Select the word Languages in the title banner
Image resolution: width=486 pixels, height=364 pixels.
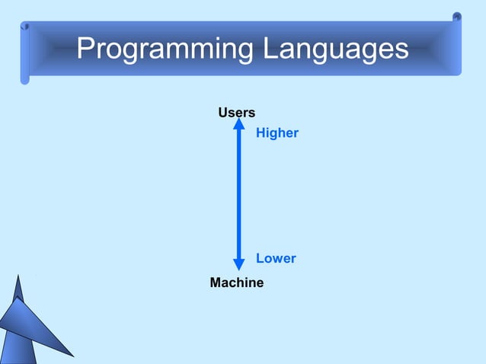pyautogui.click(x=336, y=49)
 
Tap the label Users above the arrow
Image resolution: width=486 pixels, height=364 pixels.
pyautogui.click(x=237, y=113)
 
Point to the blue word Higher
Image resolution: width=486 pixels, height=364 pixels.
pyautogui.click(x=277, y=133)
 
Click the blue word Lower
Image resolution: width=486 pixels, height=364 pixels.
pyautogui.click(x=276, y=259)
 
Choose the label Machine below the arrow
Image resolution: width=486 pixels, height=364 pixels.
pyautogui.click(x=237, y=283)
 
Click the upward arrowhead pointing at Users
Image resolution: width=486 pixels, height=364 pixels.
pyautogui.click(x=239, y=123)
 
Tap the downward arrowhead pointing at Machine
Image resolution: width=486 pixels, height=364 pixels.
pyautogui.click(x=239, y=264)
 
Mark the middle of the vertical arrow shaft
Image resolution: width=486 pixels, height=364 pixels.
pyautogui.click(x=239, y=194)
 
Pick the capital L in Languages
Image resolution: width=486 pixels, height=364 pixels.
pyautogui.click(x=271, y=49)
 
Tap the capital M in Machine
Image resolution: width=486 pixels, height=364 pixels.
pyautogui.click(x=216, y=283)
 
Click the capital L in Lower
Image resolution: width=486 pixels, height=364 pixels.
pyautogui.click(x=260, y=259)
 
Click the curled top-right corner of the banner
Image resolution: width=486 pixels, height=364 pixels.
pyautogui.click(x=456, y=18)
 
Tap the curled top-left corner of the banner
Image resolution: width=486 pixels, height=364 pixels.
pyautogui.click(x=25, y=26)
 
